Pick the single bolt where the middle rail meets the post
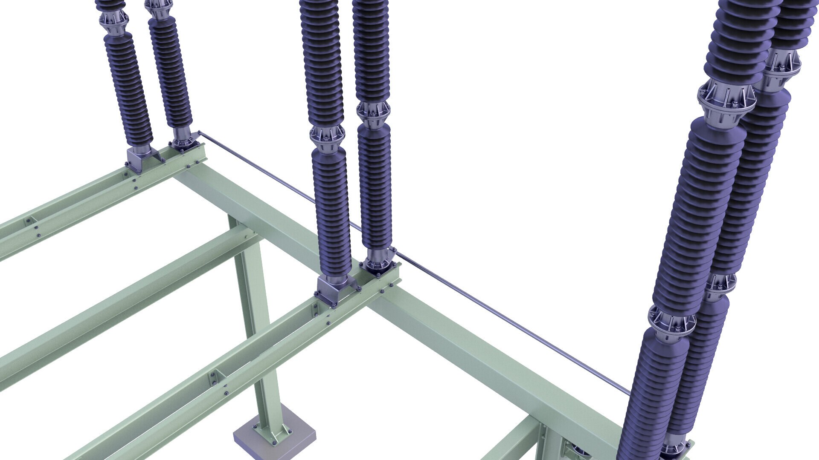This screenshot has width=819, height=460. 247,234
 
